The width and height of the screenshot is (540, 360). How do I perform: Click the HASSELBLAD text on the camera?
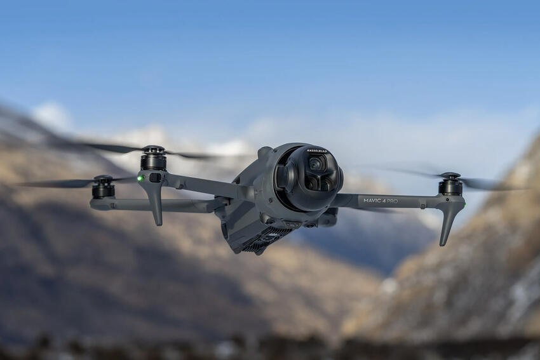coord(317,151)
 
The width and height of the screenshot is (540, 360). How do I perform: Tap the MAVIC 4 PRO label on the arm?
coord(381,201)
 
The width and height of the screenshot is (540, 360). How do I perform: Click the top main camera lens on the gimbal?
coord(316,164)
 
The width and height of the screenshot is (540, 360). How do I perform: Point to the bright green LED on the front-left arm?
coord(140,178)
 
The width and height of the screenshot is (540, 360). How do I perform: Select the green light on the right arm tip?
coord(464,204)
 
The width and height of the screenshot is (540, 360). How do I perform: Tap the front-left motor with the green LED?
coord(153,161)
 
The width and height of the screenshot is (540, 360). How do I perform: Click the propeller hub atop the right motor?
coord(450,175)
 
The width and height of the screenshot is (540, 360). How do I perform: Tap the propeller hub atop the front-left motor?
coord(153,150)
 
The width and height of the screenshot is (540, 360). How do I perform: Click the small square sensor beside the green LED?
coord(154,178)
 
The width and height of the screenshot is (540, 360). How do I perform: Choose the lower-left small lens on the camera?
coord(310,183)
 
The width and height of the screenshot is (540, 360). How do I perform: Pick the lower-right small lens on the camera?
coord(325,183)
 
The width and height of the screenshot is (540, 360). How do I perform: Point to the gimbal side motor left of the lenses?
coord(287,178)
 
